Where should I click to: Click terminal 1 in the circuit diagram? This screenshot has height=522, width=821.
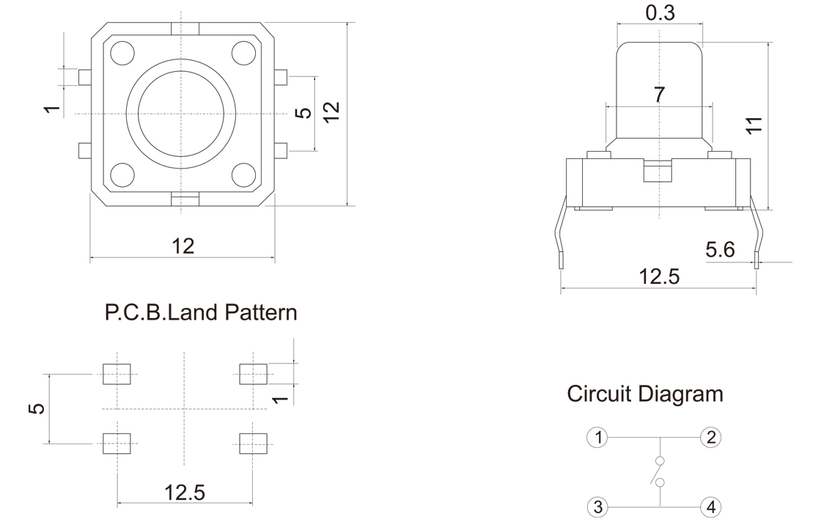pyautogui.click(x=598, y=437)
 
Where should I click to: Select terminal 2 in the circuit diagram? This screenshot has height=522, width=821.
pyautogui.click(x=710, y=437)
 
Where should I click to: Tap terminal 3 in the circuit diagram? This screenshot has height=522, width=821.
pyautogui.click(x=598, y=507)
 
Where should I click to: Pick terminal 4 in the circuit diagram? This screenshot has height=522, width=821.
pyautogui.click(x=710, y=507)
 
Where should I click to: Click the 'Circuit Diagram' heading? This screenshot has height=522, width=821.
pyautogui.click(x=644, y=394)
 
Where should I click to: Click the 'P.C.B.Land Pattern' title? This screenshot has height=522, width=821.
pyautogui.click(x=201, y=312)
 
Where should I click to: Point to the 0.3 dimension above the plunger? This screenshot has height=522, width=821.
pyautogui.click(x=660, y=12)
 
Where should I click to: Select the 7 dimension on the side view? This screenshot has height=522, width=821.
pyautogui.click(x=659, y=95)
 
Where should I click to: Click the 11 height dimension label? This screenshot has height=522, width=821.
pyautogui.click(x=754, y=125)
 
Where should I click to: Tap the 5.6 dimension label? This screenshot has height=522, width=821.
pyautogui.click(x=720, y=250)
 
